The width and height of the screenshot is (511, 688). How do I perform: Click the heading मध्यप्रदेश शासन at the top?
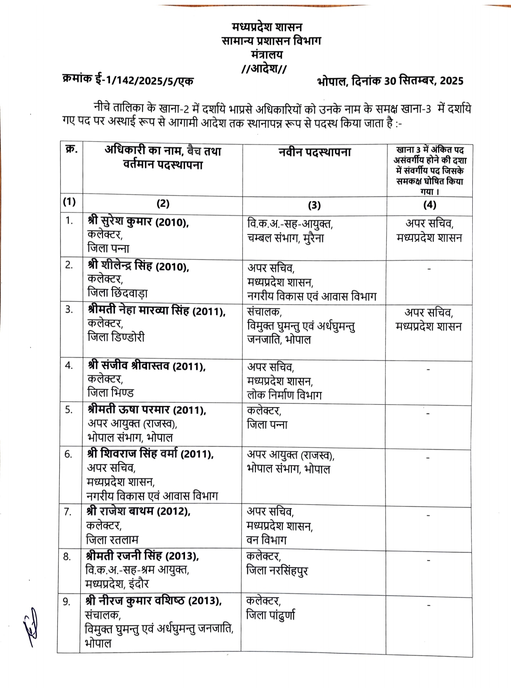267,27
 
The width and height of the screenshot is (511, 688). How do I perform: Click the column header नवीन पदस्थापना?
314,152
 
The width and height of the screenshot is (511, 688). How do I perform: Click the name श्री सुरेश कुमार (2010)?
138,222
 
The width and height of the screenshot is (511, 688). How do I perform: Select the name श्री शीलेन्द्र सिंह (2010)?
138,267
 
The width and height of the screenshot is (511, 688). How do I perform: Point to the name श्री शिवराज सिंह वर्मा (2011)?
150,454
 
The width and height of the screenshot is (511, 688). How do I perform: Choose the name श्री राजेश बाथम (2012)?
138,511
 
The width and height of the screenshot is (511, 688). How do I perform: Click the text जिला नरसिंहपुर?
277,571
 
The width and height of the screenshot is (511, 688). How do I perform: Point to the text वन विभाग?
266,540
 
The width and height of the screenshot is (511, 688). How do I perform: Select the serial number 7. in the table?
68,512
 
